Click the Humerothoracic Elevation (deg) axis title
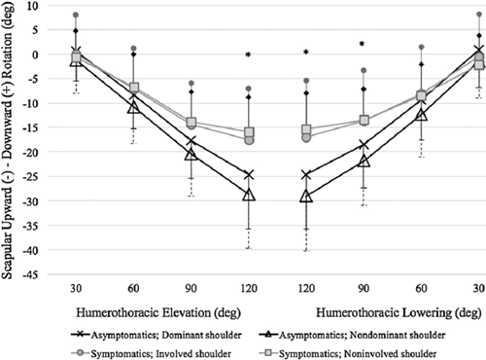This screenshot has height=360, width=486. (x=158, y=313)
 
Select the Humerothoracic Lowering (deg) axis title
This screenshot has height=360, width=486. (x=399, y=313)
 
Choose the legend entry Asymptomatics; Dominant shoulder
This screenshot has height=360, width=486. (x=156, y=335)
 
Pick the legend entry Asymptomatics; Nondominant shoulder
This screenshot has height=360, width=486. (x=353, y=335)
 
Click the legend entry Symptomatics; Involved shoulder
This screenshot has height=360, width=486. (x=151, y=353)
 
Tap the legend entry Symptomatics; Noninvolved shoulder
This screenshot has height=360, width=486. (x=348, y=353)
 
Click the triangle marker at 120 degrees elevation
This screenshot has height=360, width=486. (x=249, y=196)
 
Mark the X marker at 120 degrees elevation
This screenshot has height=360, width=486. (x=249, y=175)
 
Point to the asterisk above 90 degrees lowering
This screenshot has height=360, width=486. (x=363, y=44)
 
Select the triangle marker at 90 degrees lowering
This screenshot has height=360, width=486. (x=364, y=161)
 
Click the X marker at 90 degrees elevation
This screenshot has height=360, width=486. (x=191, y=141)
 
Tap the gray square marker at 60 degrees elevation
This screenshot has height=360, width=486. (x=134, y=88)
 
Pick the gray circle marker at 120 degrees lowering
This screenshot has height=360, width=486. (x=306, y=137)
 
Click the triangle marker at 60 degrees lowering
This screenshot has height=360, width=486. (x=421, y=115)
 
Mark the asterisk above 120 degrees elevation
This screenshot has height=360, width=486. (x=248, y=54)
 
